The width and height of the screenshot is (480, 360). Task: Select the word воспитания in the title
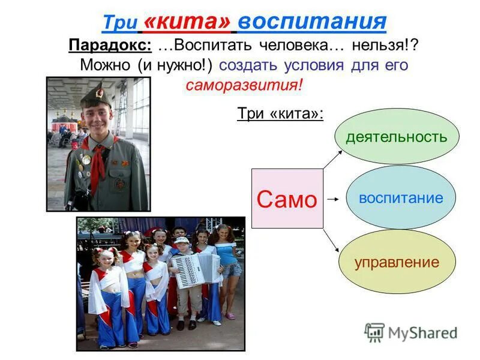tap(312, 22)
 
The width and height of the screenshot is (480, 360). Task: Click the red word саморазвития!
tap(244, 85)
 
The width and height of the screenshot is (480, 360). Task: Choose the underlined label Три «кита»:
tap(280, 113)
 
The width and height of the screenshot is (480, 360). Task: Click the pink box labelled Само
tap(287, 199)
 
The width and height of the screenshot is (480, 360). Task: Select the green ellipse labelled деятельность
tap(396, 137)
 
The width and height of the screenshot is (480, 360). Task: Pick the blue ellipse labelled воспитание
tap(401, 198)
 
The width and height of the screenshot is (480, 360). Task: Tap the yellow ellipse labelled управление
tap(397, 262)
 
